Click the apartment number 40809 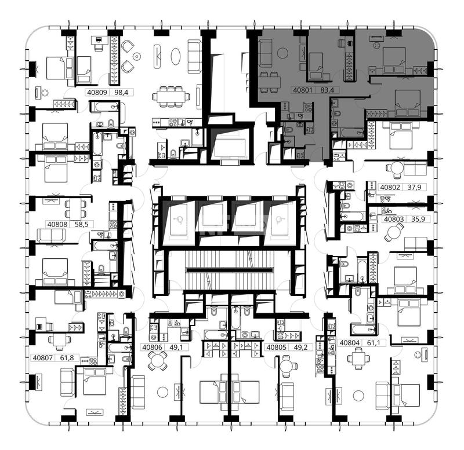point(97,92)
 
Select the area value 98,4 point(121,92)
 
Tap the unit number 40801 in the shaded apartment point(302,90)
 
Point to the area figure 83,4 point(327,90)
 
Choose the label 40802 point(390,187)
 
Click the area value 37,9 point(414,187)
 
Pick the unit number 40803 point(394,219)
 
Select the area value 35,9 point(418,219)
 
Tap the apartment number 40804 point(350,343)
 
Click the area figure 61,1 point(372,343)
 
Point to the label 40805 point(277,347)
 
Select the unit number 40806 point(152,347)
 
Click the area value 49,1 point(176,347)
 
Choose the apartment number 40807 point(42,358)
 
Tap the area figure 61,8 point(67,358)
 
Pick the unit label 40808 point(57,224)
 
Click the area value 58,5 point(81,224)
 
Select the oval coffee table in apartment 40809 point(176,56)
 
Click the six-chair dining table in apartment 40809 point(171,96)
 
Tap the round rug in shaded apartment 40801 point(282,53)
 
